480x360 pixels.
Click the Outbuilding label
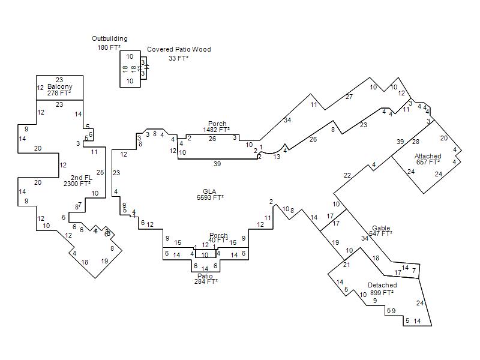109,39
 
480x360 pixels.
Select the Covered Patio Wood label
179,50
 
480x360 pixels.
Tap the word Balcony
59,87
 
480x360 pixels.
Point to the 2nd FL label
82,178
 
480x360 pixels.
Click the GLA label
209,191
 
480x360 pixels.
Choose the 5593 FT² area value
210,197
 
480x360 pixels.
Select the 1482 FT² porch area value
217,130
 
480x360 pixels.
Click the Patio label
205,276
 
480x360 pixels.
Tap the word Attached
428,157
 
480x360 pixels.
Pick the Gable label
381,228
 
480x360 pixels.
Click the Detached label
382,286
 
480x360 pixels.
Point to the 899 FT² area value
382,293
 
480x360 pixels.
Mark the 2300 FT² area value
78,184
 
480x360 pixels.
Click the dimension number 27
349,97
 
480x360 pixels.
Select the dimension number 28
415,142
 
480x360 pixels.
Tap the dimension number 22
347,175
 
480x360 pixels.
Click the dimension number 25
100,173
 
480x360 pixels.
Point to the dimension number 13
277,157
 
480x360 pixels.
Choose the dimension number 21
347,265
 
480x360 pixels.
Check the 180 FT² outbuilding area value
109,47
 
